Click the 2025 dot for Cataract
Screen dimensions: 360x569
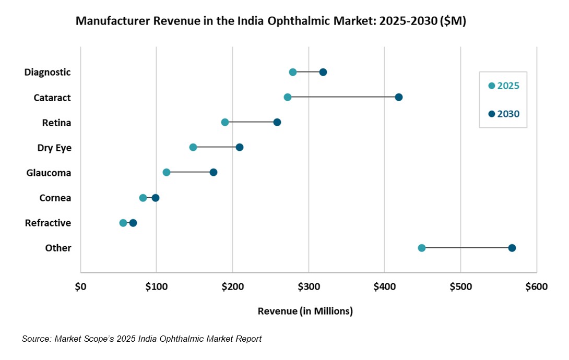(x=288, y=98)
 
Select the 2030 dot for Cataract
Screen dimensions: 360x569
(x=399, y=98)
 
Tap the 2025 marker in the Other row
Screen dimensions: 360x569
(x=422, y=248)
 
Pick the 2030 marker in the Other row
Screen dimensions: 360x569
(x=512, y=248)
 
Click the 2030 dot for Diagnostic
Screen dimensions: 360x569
(x=323, y=72)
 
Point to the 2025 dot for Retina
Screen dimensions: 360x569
(x=225, y=122)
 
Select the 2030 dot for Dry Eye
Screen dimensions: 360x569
(x=240, y=148)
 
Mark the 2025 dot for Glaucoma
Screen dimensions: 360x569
(x=167, y=172)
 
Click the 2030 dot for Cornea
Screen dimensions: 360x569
(x=156, y=198)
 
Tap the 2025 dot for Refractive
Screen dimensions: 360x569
(x=123, y=223)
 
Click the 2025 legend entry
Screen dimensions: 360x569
(x=503, y=86)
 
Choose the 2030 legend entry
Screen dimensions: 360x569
(x=503, y=114)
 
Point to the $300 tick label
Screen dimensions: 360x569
(x=309, y=287)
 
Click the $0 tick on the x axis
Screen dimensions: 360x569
(x=80, y=287)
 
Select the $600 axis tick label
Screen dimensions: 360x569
(x=536, y=287)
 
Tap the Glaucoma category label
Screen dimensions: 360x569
(x=49, y=173)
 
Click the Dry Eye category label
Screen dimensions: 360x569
(x=54, y=148)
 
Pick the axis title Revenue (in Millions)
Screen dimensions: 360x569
(x=305, y=311)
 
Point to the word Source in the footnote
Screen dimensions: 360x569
(x=35, y=339)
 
